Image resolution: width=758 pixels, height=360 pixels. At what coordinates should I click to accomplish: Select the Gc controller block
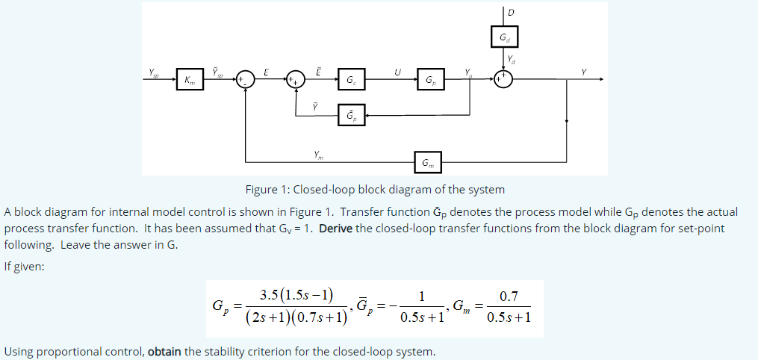[x=352, y=79]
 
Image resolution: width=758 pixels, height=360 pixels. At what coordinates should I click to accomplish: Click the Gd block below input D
[x=504, y=37]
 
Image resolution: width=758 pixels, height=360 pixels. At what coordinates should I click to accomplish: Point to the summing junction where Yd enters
[x=504, y=79]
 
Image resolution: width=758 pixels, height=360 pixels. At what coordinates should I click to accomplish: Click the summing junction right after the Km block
[x=245, y=79]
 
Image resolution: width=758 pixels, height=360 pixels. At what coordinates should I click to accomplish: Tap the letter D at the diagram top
[x=512, y=11]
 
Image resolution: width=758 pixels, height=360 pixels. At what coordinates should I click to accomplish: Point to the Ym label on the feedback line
[x=319, y=154]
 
